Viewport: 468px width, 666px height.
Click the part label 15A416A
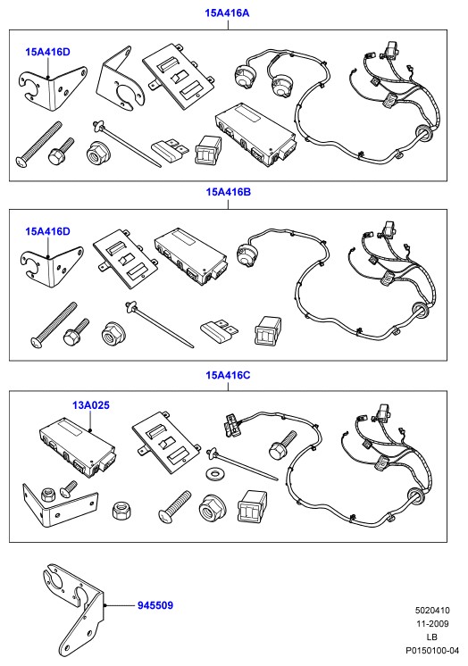tap(227, 12)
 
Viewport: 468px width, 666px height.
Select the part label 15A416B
tap(229, 192)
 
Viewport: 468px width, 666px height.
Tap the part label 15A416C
tap(229, 375)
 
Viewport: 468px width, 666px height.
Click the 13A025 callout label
tap(91, 405)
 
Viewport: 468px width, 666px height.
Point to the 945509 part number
tap(155, 605)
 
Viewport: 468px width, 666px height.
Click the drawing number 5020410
tap(432, 611)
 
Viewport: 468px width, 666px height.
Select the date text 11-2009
tap(432, 623)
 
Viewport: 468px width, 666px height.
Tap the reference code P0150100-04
tap(432, 650)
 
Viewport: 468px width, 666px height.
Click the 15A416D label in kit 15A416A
tap(47, 53)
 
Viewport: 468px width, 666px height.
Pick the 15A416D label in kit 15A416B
tap(47, 231)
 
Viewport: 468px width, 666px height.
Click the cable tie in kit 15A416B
tap(159, 325)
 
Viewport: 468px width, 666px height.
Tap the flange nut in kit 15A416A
tap(96, 153)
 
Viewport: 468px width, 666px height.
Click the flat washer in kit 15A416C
tap(213, 473)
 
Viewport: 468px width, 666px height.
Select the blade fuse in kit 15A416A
tap(170, 151)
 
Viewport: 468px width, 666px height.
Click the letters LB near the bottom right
tap(432, 637)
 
